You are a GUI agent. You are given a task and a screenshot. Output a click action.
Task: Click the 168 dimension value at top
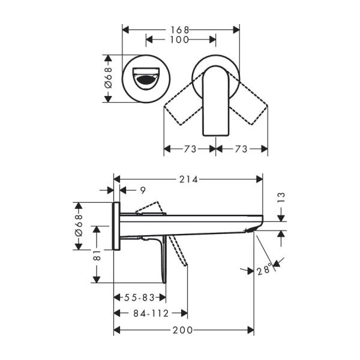coord(181,29)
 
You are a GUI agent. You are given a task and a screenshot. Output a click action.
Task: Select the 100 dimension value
coord(179,40)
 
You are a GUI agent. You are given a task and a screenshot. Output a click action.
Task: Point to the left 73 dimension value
coord(190,148)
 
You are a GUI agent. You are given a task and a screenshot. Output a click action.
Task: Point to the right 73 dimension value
coord(241,148)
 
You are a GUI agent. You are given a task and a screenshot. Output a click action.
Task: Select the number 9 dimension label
coord(142,190)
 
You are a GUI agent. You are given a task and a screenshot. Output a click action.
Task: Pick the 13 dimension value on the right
coord(281,197)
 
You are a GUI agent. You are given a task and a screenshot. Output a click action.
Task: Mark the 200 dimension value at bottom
coord(183,330)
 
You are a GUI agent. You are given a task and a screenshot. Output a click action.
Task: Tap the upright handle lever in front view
coord(215,102)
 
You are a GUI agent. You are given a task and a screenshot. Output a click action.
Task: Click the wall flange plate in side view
coord(116,226)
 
